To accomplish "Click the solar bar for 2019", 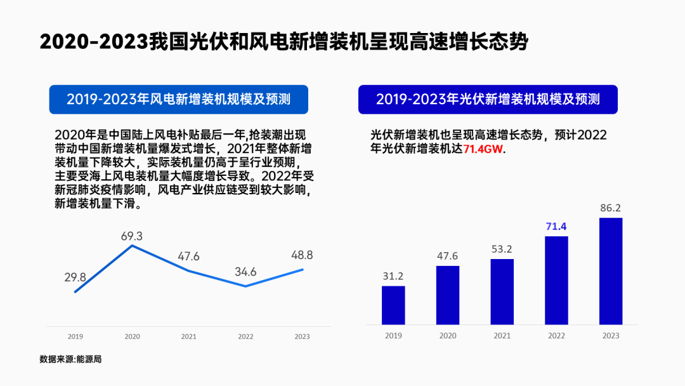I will coord(393,305).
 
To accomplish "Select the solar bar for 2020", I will coord(448,295).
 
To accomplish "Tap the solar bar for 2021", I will coord(502,291).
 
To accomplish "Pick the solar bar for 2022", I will coord(556,280).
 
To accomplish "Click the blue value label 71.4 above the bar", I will coord(556,226).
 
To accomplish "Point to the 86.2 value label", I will coord(611,208).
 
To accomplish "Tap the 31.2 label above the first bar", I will coord(393,276).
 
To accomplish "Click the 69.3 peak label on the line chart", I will coord(132,236).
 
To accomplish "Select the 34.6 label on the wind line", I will coord(245,272).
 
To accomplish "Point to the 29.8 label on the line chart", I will coord(75,277).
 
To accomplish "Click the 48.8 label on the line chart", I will coord(302,255).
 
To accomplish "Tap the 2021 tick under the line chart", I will coord(189,336).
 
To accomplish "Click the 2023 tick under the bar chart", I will coord(611,336).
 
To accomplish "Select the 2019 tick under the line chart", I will coord(75,336).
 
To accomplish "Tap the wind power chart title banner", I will coord(178,99).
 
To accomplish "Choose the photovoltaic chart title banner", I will coord(487,99).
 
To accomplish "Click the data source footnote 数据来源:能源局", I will coord(70,359).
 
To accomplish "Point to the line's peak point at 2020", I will coord(132,245).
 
